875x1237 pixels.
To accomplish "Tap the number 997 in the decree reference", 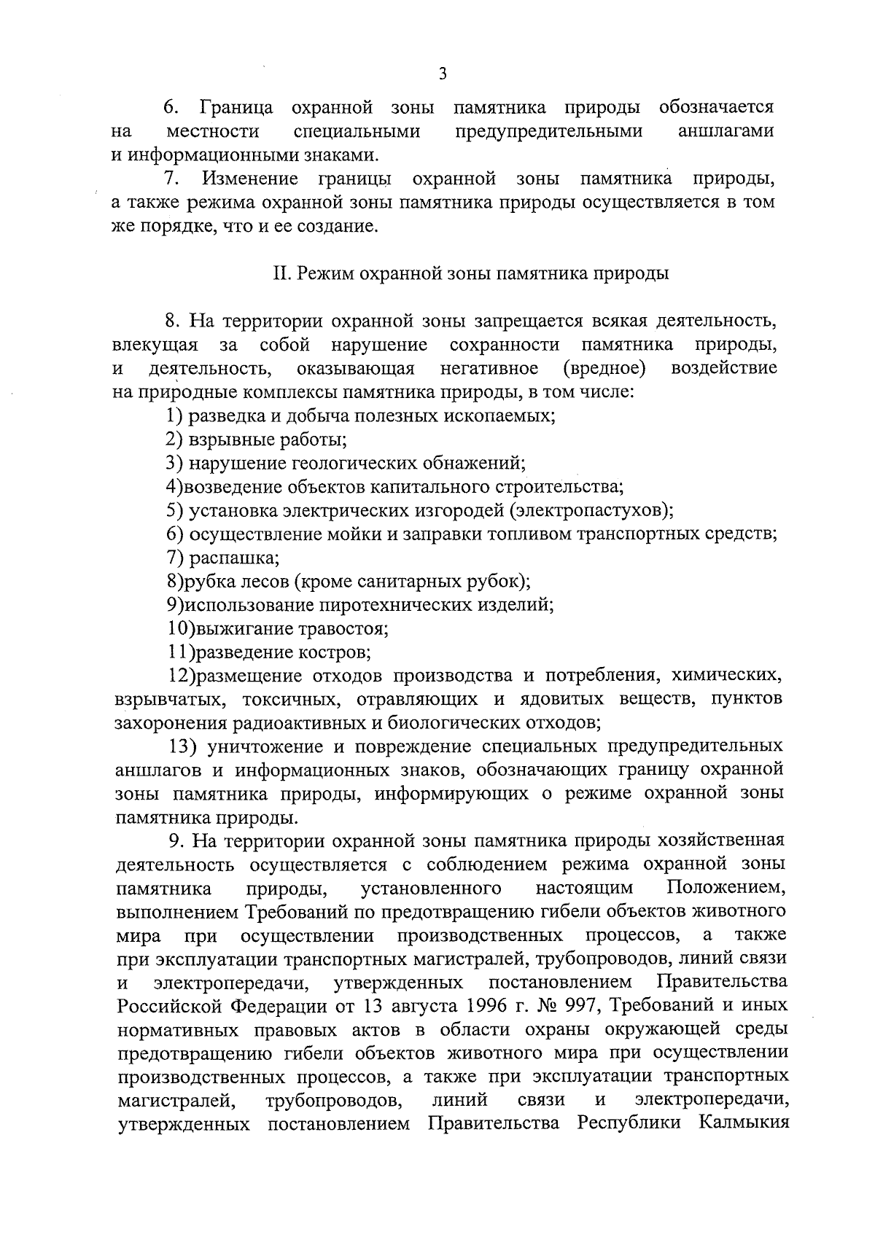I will coord(581,1006).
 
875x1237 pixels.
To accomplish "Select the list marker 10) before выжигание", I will coord(179,628).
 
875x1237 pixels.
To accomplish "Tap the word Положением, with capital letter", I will coord(726,889).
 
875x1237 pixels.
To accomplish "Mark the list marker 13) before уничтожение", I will coord(184,746).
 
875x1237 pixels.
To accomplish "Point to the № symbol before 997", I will coord(548,1006).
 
